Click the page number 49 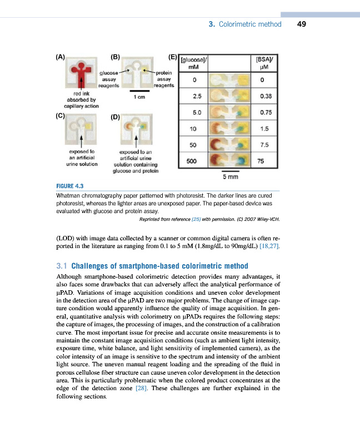point(302,24)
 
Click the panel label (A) point(61,56)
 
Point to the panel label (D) point(115,117)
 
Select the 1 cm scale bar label point(140,96)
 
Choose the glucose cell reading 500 point(194,161)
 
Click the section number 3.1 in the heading point(63,266)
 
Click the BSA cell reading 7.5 point(264,145)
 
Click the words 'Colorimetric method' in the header point(250,24)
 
